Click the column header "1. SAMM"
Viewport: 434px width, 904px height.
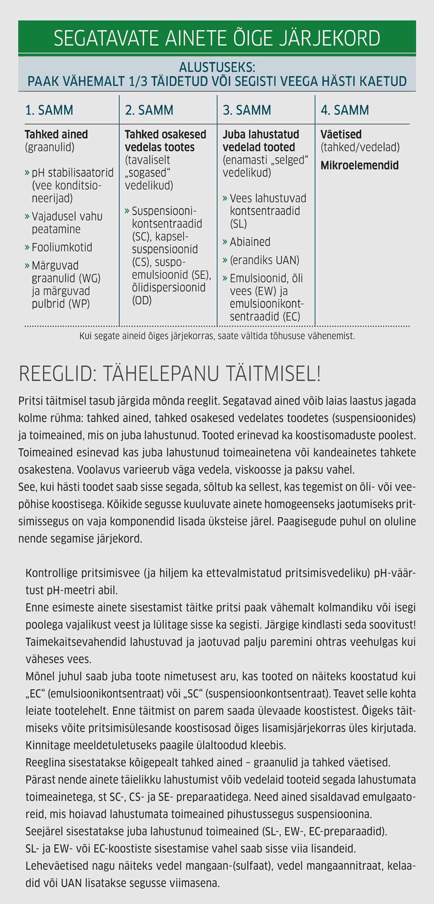(x=49, y=110)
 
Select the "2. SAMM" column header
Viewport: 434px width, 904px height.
(x=149, y=110)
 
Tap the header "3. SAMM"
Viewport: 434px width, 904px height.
(x=247, y=110)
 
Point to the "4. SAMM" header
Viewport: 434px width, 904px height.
(x=345, y=110)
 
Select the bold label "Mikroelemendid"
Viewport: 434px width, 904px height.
(x=359, y=165)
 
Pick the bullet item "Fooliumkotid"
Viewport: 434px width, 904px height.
(x=62, y=247)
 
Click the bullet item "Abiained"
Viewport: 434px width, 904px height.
(x=250, y=242)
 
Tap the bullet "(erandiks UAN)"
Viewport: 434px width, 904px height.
(x=264, y=260)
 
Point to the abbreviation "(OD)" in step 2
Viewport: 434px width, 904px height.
(x=142, y=300)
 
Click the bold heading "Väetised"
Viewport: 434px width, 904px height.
(x=341, y=135)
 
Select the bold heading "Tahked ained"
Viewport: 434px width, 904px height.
(x=56, y=135)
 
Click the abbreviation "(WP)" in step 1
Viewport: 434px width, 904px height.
(x=79, y=304)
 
